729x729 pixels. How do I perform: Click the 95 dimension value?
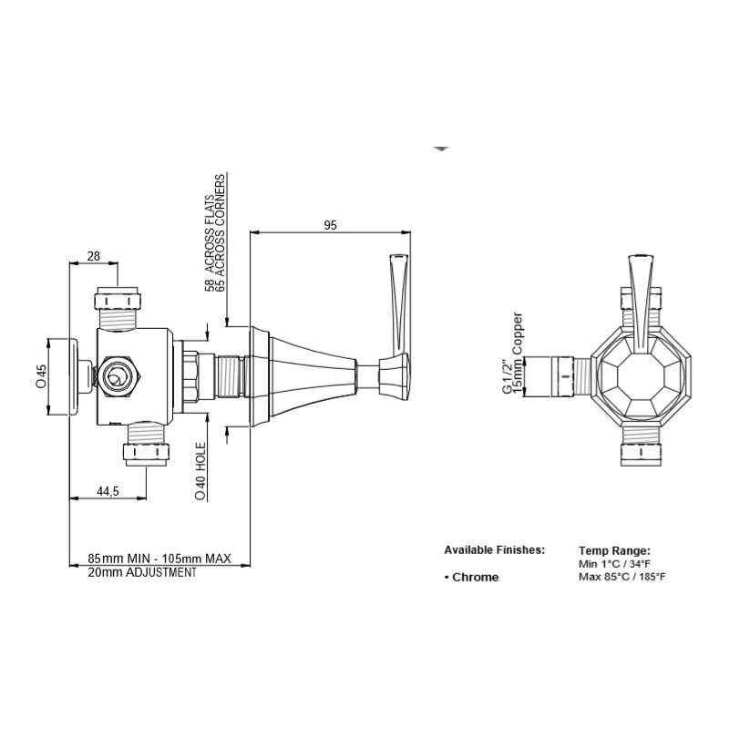(330, 225)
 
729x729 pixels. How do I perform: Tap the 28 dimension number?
(94, 256)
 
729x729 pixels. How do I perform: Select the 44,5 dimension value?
(108, 491)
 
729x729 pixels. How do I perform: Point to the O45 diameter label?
(41, 376)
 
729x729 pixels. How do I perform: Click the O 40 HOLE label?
(200, 471)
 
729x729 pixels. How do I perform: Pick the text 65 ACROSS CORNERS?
(220, 232)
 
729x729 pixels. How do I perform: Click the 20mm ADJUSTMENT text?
(142, 572)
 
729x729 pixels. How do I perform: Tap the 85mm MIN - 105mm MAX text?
(159, 558)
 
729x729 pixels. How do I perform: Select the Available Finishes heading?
(494, 550)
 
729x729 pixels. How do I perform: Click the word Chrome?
(475, 578)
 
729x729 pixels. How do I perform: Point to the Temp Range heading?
(614, 551)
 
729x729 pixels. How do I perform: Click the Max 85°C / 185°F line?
(622, 577)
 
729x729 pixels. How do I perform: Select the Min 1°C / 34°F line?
(614, 564)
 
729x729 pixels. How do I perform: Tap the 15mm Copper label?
(517, 354)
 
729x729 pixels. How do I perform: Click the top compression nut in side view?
(118, 300)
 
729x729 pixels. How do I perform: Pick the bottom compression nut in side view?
(147, 454)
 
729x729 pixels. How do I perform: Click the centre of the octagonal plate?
(641, 375)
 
